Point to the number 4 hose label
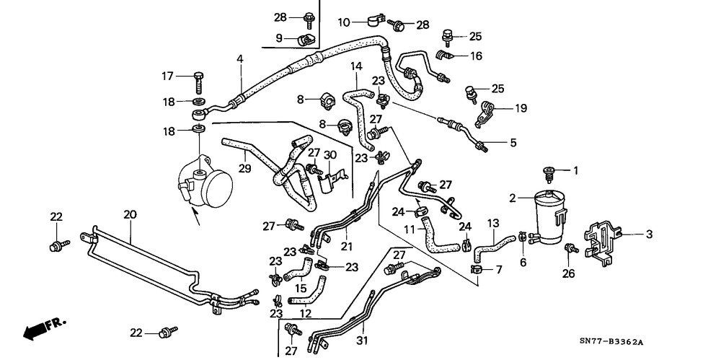tap(240, 58)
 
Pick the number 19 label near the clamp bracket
tap(521, 108)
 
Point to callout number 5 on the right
tap(513, 143)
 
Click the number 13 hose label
tap(493, 223)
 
